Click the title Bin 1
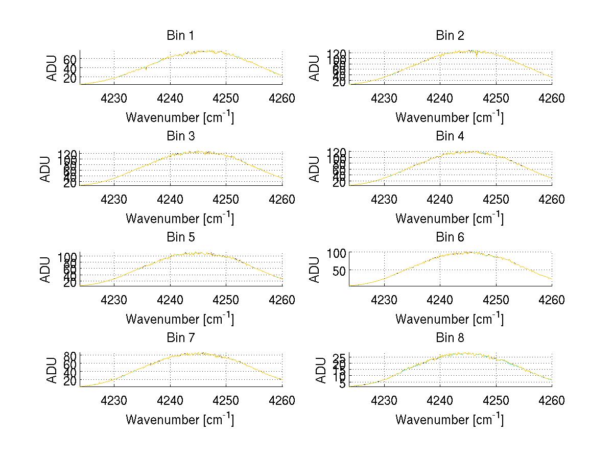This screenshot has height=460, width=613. [180, 36]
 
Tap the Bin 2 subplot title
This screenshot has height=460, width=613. [450, 36]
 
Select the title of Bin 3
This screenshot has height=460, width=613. [180, 136]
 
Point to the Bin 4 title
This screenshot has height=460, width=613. [450, 136]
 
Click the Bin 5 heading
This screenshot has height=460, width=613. [180, 237]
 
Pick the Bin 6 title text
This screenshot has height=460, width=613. [450, 237]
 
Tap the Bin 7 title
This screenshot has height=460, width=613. [180, 338]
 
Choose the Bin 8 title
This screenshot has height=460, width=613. [450, 338]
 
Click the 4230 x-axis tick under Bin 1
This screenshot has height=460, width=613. [114, 99]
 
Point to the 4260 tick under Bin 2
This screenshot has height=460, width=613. [552, 99]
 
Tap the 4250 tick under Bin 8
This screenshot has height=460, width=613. [496, 401]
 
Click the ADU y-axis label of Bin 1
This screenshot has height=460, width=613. [53, 68]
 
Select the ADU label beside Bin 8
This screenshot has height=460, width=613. [322, 370]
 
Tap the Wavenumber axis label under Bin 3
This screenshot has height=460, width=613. [180, 218]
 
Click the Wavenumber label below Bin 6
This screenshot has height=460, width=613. [450, 319]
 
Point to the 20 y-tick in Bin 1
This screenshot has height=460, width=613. [70, 78]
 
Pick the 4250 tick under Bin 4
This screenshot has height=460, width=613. [496, 199]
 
